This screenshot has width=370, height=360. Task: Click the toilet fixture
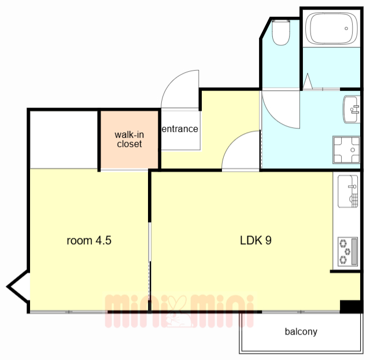tap(281, 32)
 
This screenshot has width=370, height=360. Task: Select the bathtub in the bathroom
tap(331, 28)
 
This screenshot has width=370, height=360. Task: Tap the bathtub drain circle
tap(346, 28)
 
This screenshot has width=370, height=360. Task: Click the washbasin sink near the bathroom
tap(352, 109)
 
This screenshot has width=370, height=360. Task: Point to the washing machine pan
tap(346, 150)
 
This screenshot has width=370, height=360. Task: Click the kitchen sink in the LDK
tap(348, 192)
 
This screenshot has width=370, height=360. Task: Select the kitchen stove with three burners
tap(348, 252)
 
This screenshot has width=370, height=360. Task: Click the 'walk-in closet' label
tap(129, 139)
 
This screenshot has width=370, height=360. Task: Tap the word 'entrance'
tap(180, 129)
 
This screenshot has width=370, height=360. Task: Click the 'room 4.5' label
tap(89, 240)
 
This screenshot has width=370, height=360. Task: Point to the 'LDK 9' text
tap(256, 240)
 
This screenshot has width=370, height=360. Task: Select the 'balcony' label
tap(301, 332)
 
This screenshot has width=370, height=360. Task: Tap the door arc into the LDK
tap(232, 142)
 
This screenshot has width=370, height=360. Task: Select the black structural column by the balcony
tap(350, 307)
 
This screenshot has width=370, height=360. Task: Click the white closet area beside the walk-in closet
tap(64, 139)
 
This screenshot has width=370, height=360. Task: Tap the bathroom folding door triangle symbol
tap(308, 82)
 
